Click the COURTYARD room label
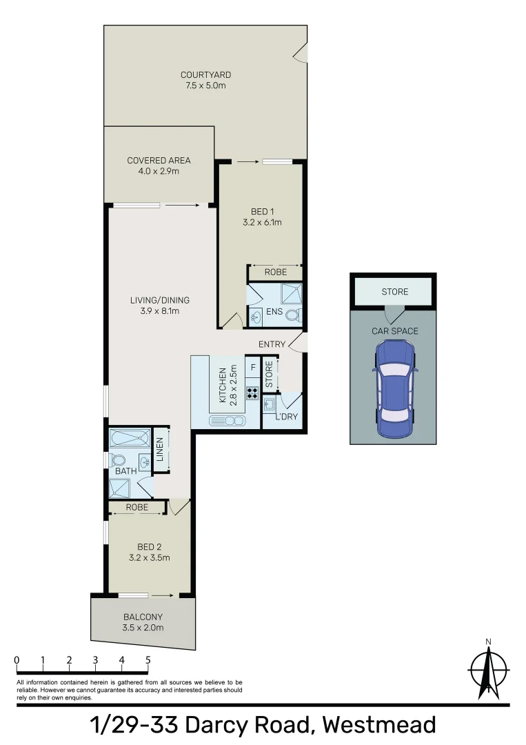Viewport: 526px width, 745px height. [x=205, y=74]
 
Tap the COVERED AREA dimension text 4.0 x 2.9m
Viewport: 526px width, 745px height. [x=159, y=171]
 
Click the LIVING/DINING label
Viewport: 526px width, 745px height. [x=160, y=300]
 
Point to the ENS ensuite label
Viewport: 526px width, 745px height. [x=274, y=312]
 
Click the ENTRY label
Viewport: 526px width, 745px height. [x=272, y=344]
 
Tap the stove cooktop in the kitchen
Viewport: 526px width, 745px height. [x=252, y=394]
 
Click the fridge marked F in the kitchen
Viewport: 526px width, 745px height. [x=253, y=368]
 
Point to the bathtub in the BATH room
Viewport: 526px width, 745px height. [x=130, y=439]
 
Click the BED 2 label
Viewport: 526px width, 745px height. [x=149, y=548]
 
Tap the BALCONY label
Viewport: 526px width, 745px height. [x=143, y=617]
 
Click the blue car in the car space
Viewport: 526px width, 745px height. [x=394, y=389]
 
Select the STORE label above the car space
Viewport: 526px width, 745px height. [x=395, y=292]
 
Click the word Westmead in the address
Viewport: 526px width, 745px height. [x=378, y=726]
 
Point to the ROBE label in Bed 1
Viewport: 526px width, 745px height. [x=275, y=272]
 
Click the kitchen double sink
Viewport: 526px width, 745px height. [x=230, y=420]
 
